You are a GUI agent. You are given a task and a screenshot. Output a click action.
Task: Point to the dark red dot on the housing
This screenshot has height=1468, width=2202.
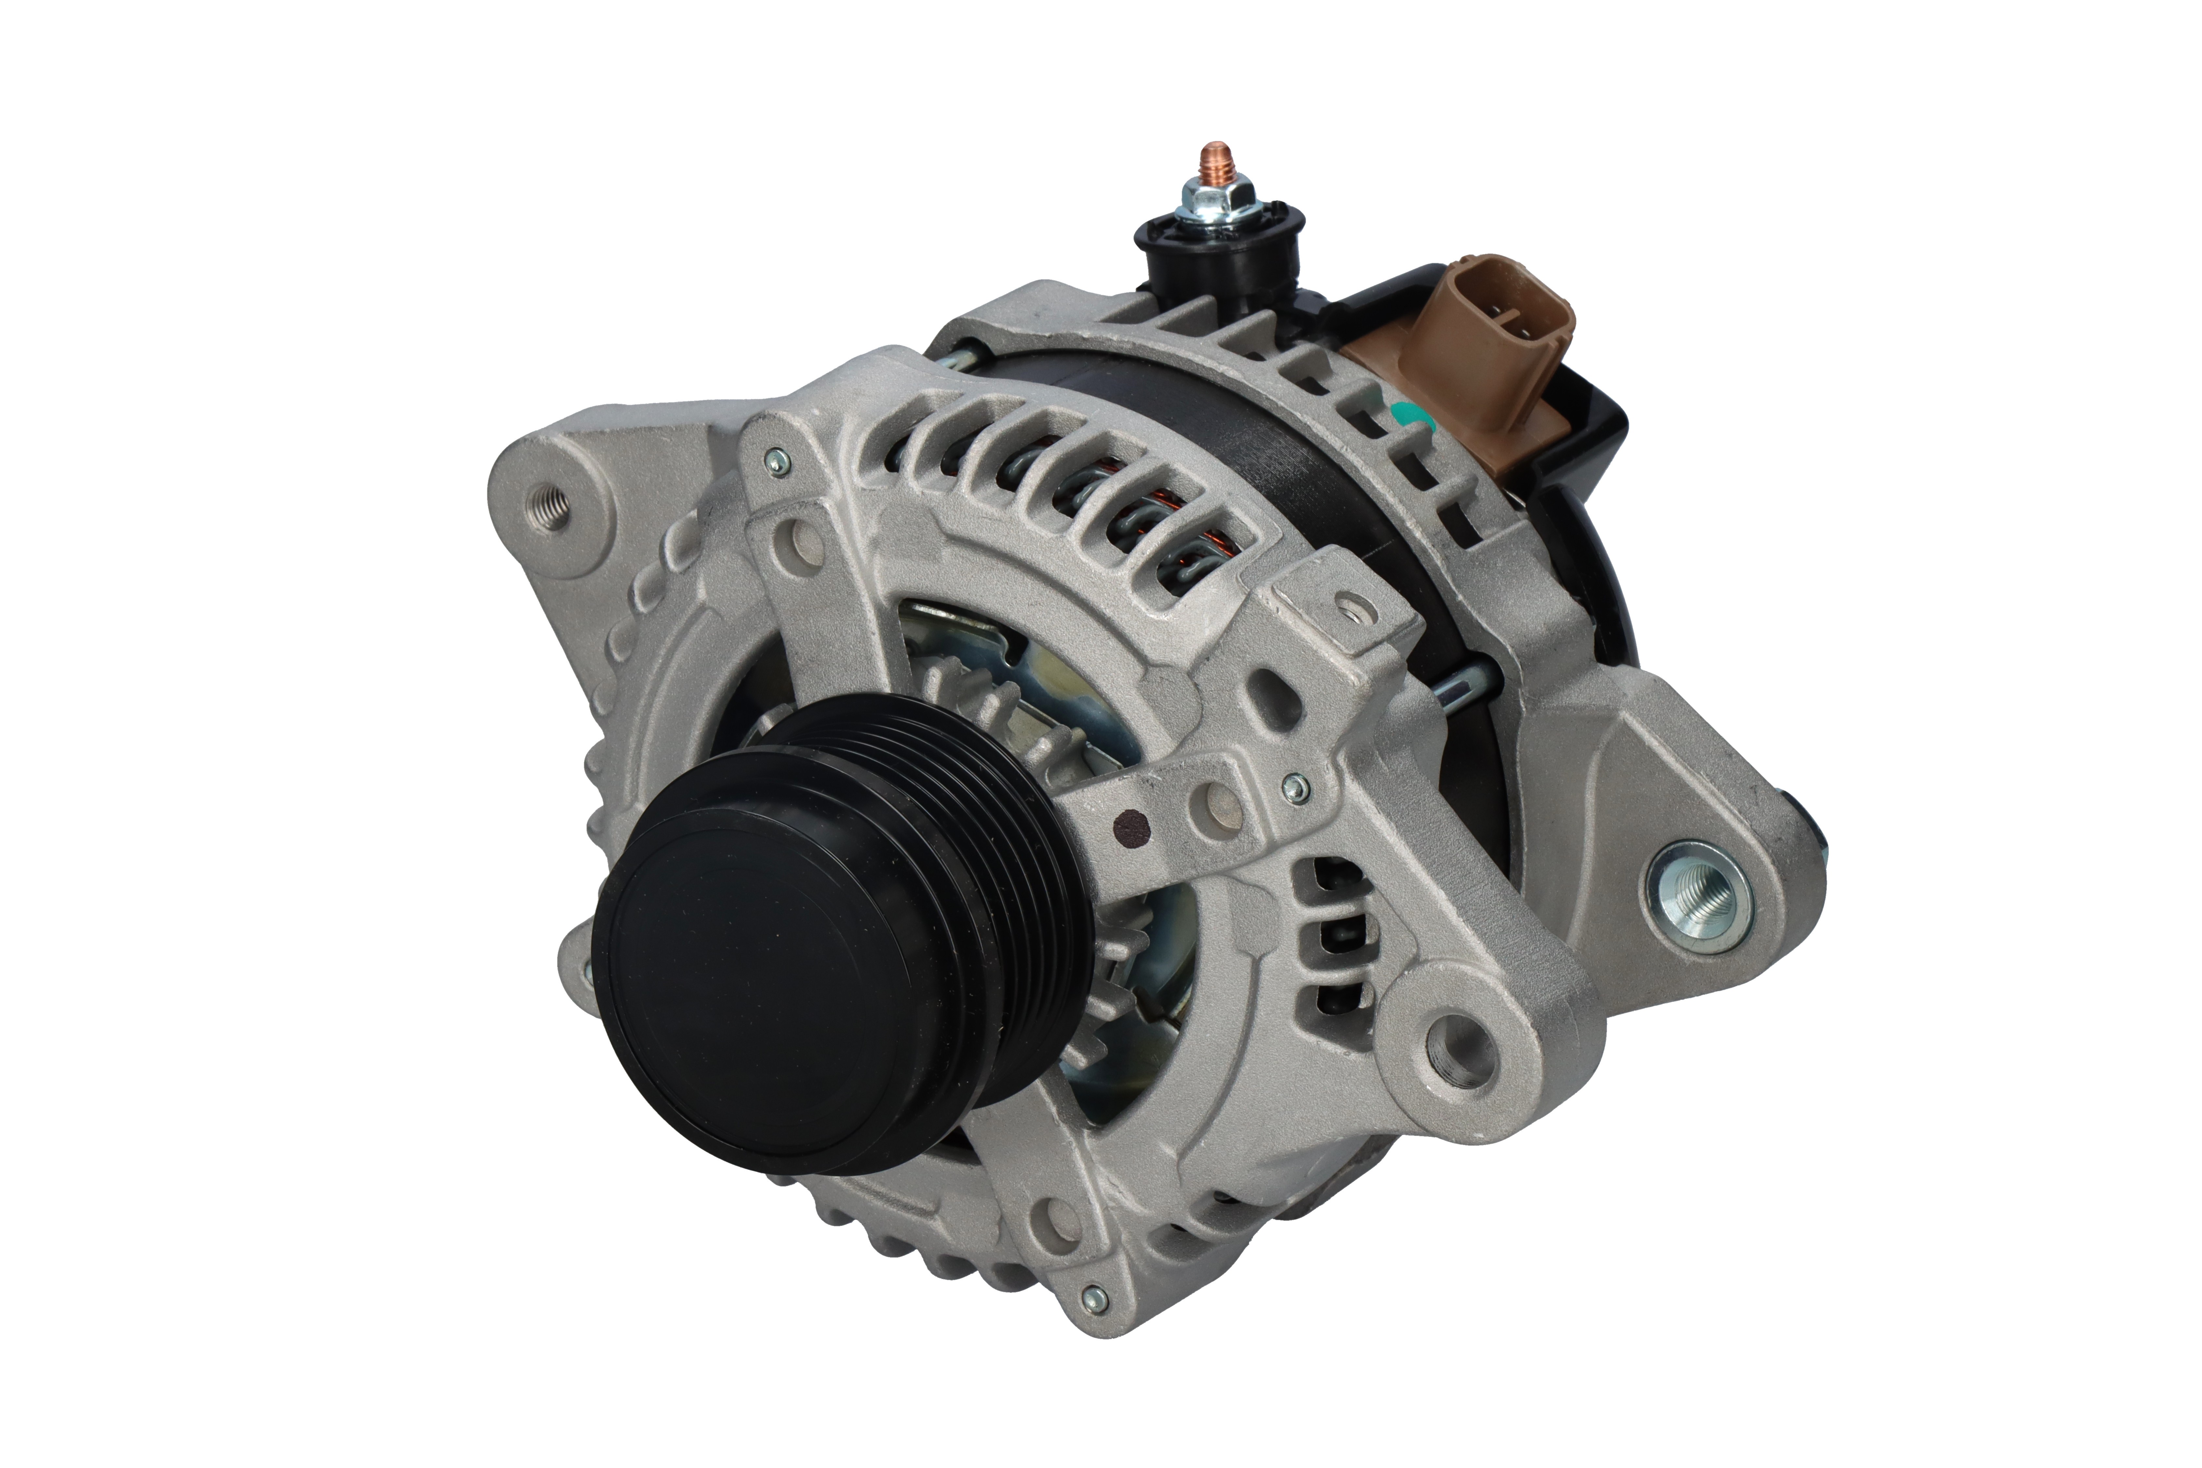click(1135, 826)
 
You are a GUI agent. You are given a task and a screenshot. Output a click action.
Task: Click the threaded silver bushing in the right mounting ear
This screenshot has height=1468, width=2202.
click(1696, 897)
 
